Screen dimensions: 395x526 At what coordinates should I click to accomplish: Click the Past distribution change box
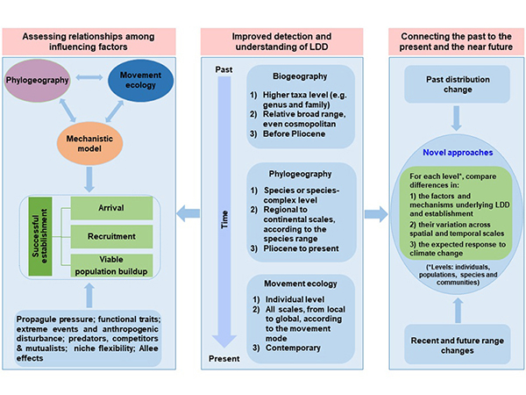click(455, 86)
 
